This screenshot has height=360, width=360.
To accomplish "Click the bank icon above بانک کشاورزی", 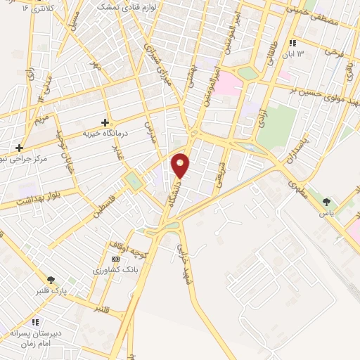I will click(x=116, y=259).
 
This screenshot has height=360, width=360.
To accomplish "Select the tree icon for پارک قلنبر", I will click(x=50, y=280).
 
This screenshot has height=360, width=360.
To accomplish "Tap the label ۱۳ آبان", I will click(x=295, y=54).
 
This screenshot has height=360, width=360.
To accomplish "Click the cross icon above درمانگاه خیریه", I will click(x=105, y=122).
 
